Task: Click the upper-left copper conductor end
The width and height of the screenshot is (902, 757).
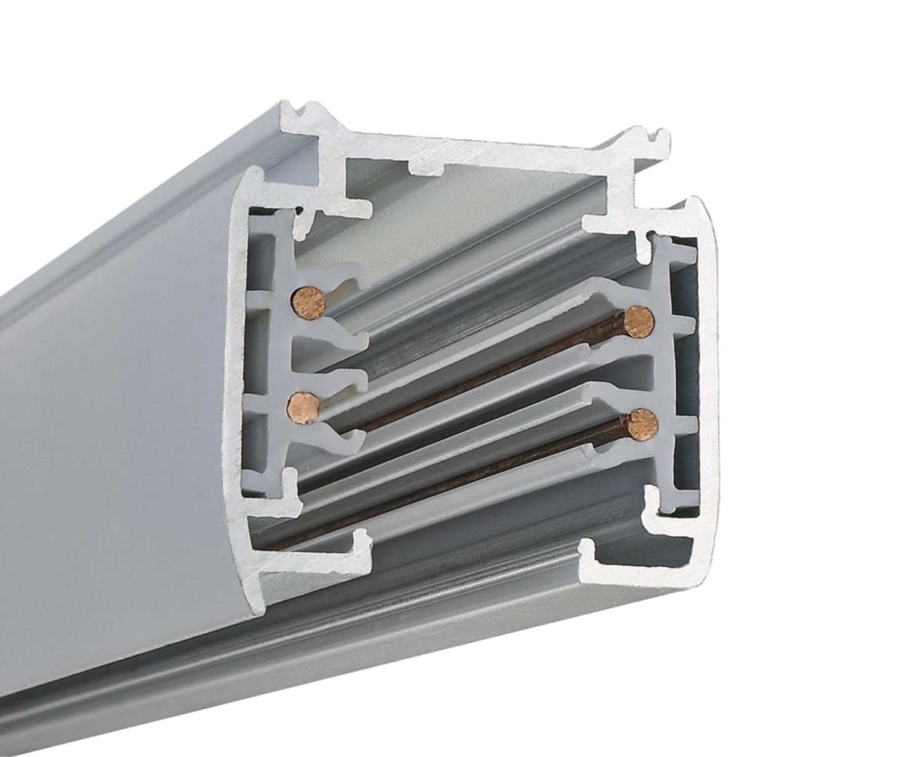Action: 308,302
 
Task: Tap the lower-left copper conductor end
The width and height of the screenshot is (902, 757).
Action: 304,408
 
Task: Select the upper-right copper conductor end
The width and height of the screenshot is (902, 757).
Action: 639,322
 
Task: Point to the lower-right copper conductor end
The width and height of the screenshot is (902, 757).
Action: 642,425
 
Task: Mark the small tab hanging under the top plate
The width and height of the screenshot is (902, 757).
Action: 427,167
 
